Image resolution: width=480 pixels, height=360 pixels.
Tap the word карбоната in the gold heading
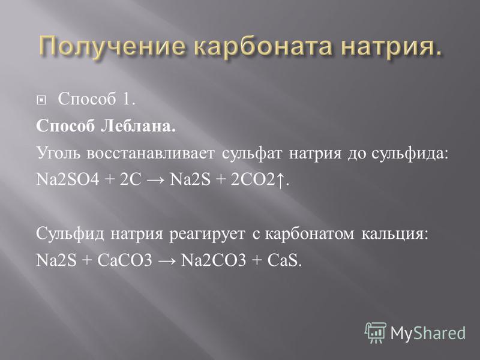tap(263, 47)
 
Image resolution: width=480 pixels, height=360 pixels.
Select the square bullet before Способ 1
tap(41, 100)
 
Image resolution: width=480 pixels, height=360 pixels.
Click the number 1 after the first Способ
tap(129, 99)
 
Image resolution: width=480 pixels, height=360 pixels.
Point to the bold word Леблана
tap(139, 125)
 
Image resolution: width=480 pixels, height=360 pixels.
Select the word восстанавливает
tap(151, 153)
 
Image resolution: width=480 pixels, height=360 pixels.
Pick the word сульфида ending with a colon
tap(409, 153)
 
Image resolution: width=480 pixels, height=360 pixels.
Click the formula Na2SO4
tap(68, 179)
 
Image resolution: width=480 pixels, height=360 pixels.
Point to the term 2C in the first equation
tap(131, 179)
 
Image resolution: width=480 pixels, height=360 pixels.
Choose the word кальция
tap(394, 234)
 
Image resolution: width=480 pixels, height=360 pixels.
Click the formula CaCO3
tap(125, 260)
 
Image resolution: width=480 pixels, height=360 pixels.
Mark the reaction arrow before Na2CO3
tap(167, 261)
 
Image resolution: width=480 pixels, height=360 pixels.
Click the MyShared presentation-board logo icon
tap(376, 332)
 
